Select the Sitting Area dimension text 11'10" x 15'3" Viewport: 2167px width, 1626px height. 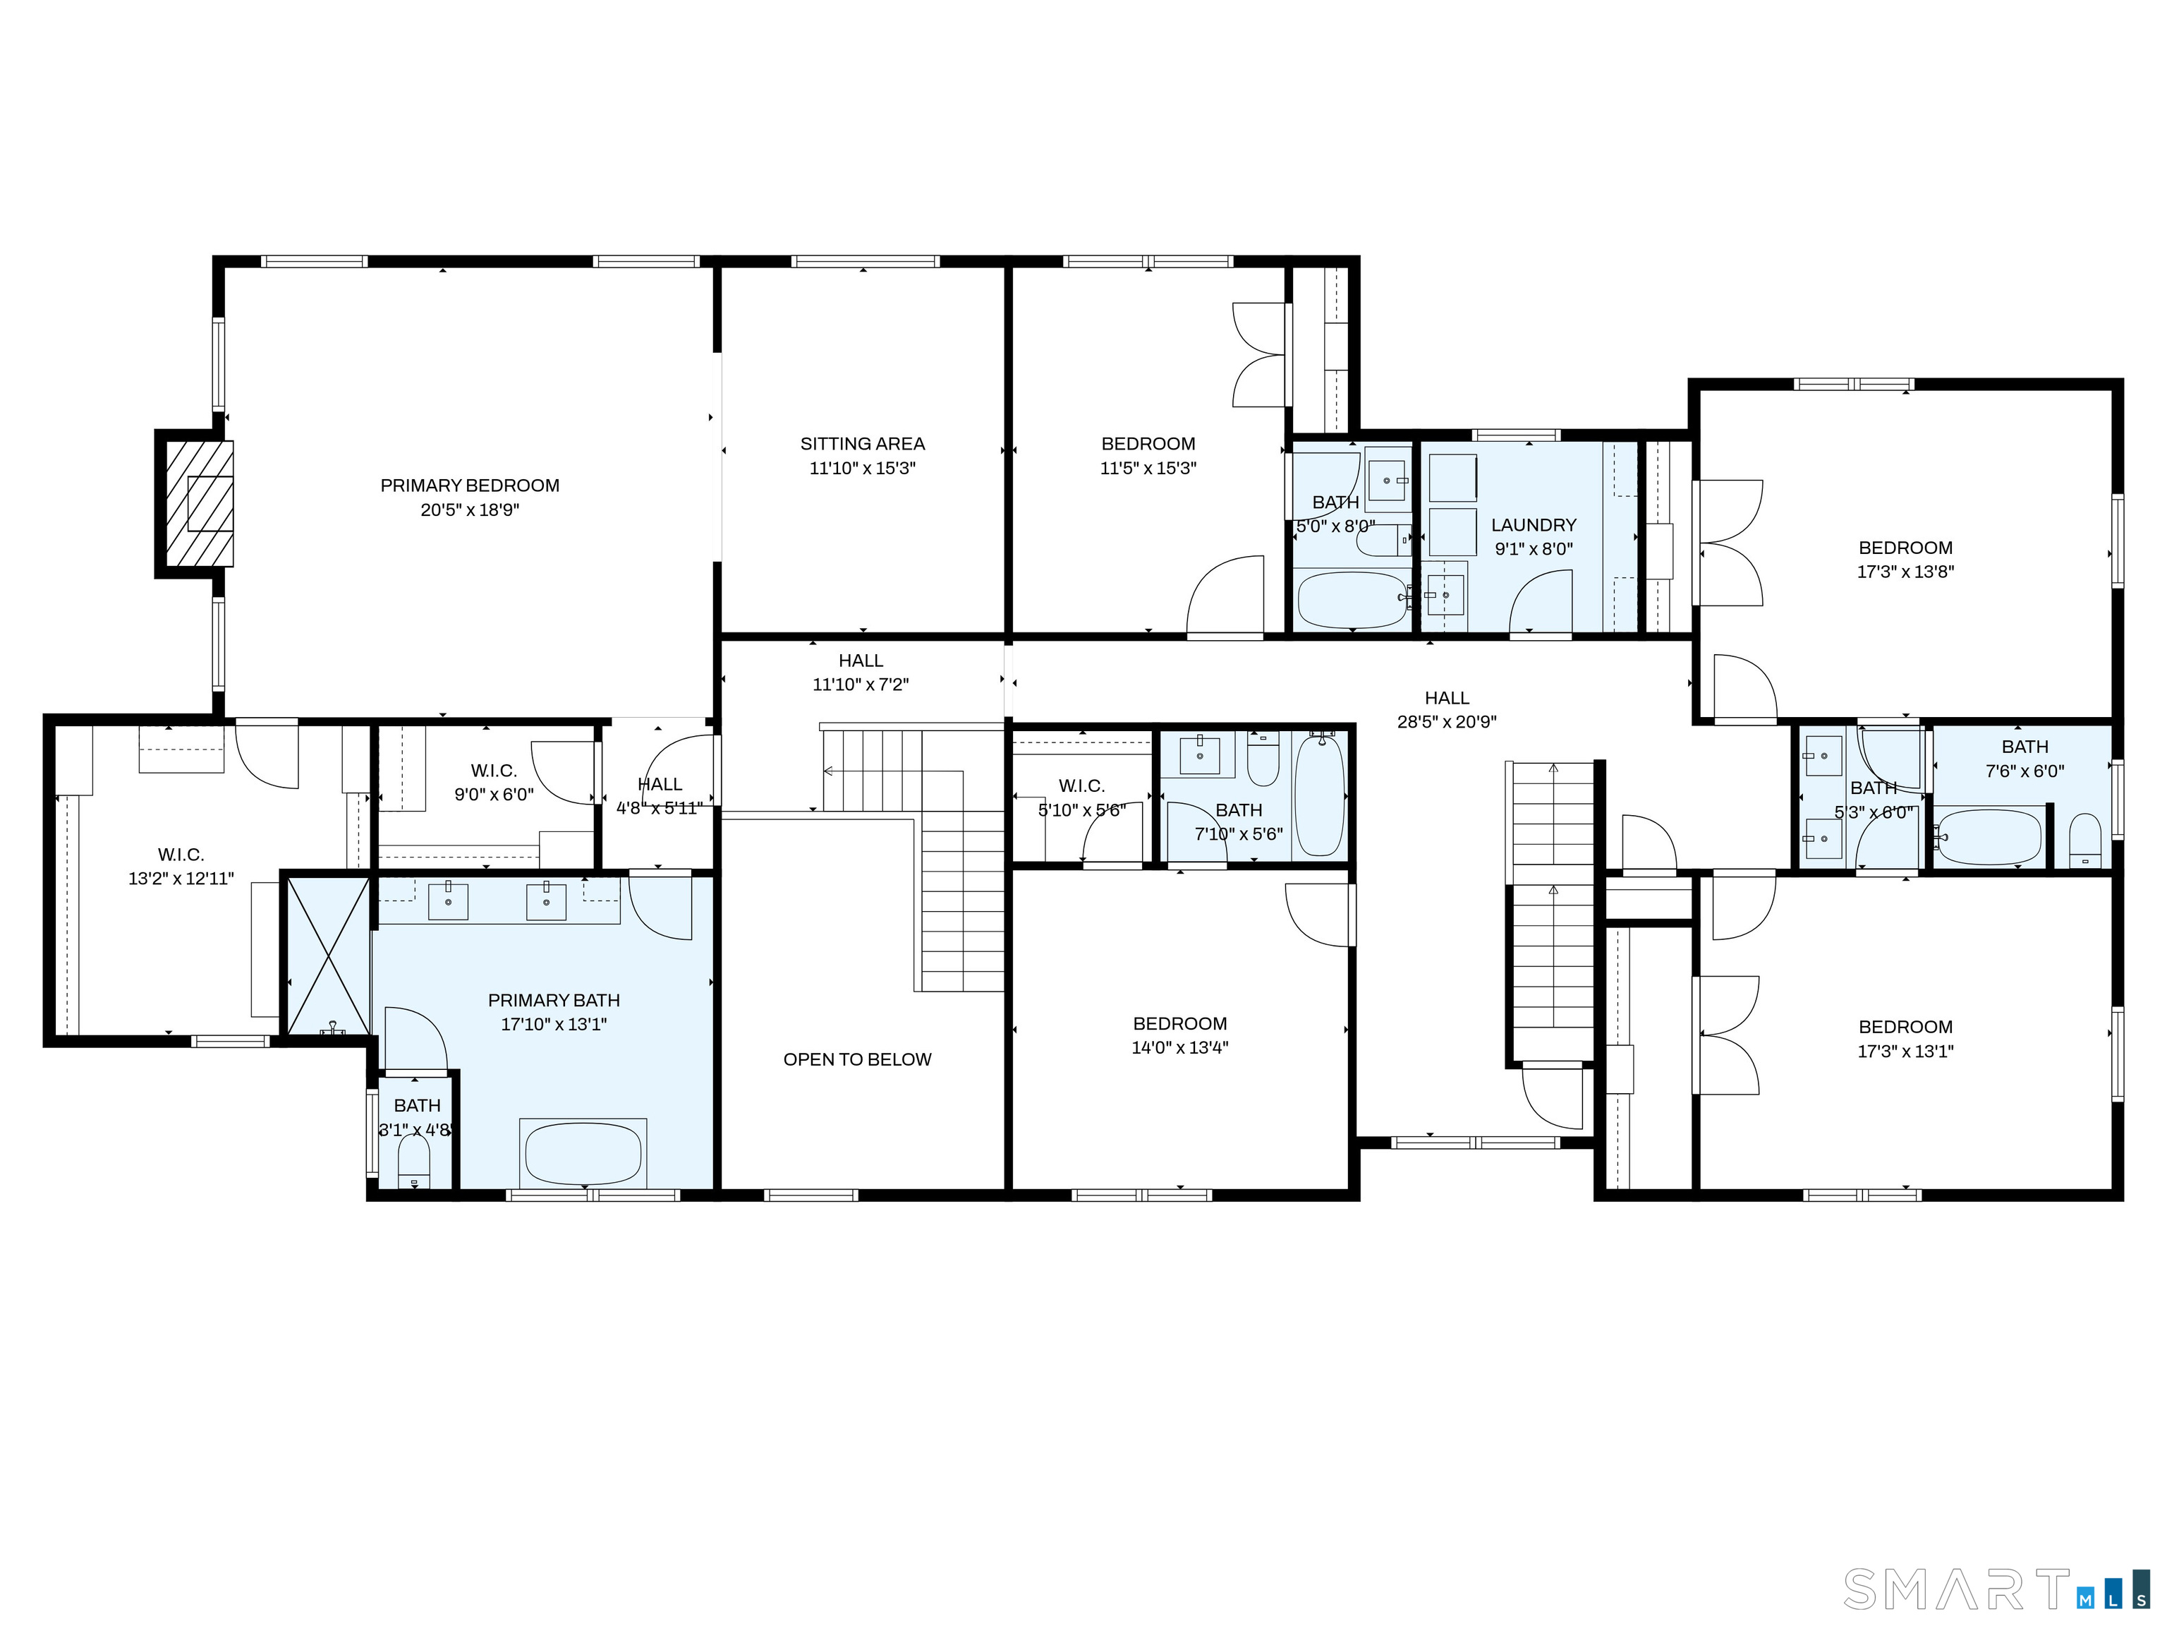[862, 469]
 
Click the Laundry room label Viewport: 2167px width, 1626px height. [1533, 525]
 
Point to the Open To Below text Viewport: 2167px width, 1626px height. [857, 1059]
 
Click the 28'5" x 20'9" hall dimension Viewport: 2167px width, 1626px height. [1446, 723]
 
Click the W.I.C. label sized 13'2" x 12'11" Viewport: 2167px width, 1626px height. [181, 855]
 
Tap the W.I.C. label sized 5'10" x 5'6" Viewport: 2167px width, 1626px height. [1081, 786]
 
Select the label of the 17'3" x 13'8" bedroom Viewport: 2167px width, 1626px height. [1905, 548]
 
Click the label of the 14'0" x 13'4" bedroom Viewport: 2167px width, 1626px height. [1179, 1023]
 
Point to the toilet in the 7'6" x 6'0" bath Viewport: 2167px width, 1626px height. [2084, 842]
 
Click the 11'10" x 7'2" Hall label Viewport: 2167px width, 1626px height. [860, 661]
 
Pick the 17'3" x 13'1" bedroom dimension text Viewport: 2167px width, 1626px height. [1905, 1052]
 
